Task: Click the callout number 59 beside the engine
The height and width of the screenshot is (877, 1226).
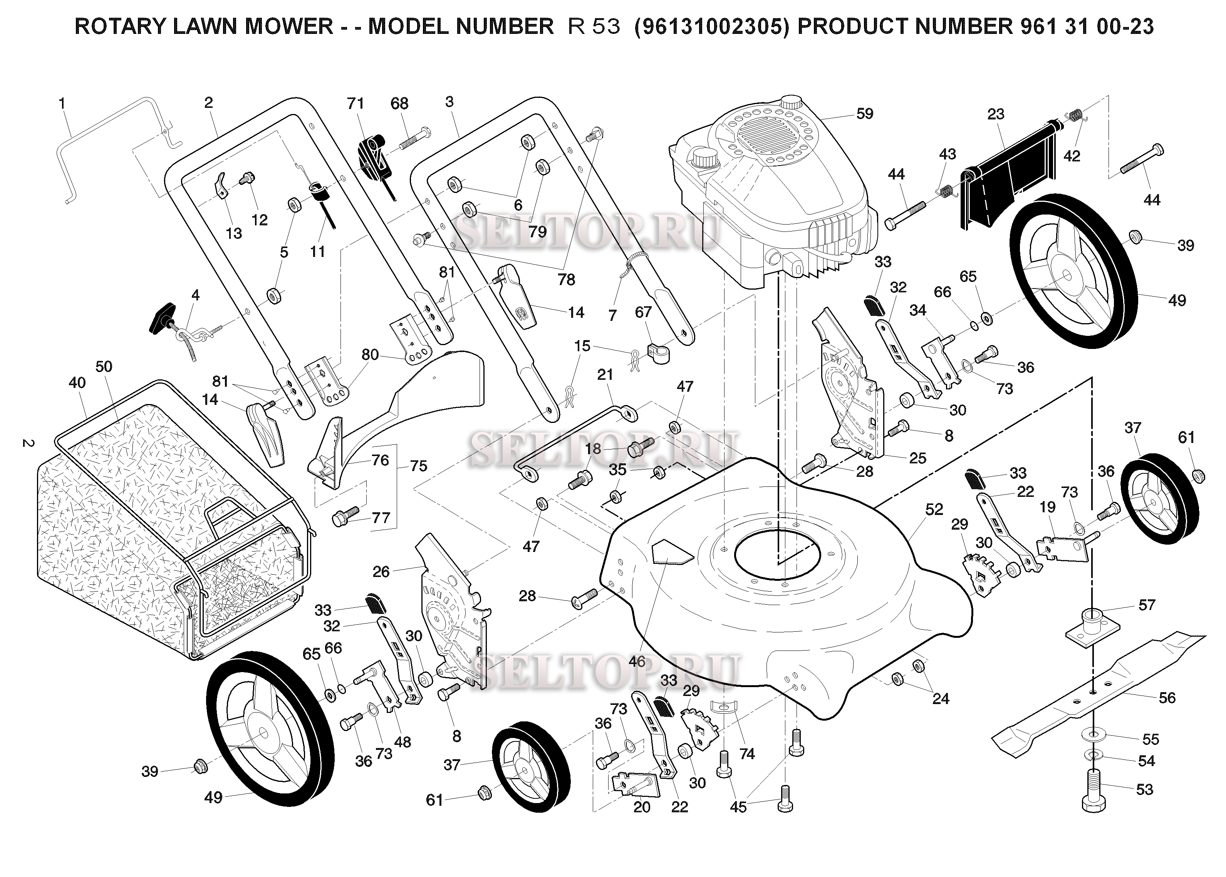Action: pos(864,114)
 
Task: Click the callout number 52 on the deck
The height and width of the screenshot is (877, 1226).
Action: pos(934,509)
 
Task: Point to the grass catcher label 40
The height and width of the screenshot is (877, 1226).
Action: pos(77,383)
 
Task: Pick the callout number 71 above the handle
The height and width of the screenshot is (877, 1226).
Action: pos(356,103)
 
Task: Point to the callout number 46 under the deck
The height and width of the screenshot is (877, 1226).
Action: pos(637,661)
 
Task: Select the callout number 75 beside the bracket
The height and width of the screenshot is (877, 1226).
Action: pos(419,466)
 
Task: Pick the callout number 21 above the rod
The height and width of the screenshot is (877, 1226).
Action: pos(605,374)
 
